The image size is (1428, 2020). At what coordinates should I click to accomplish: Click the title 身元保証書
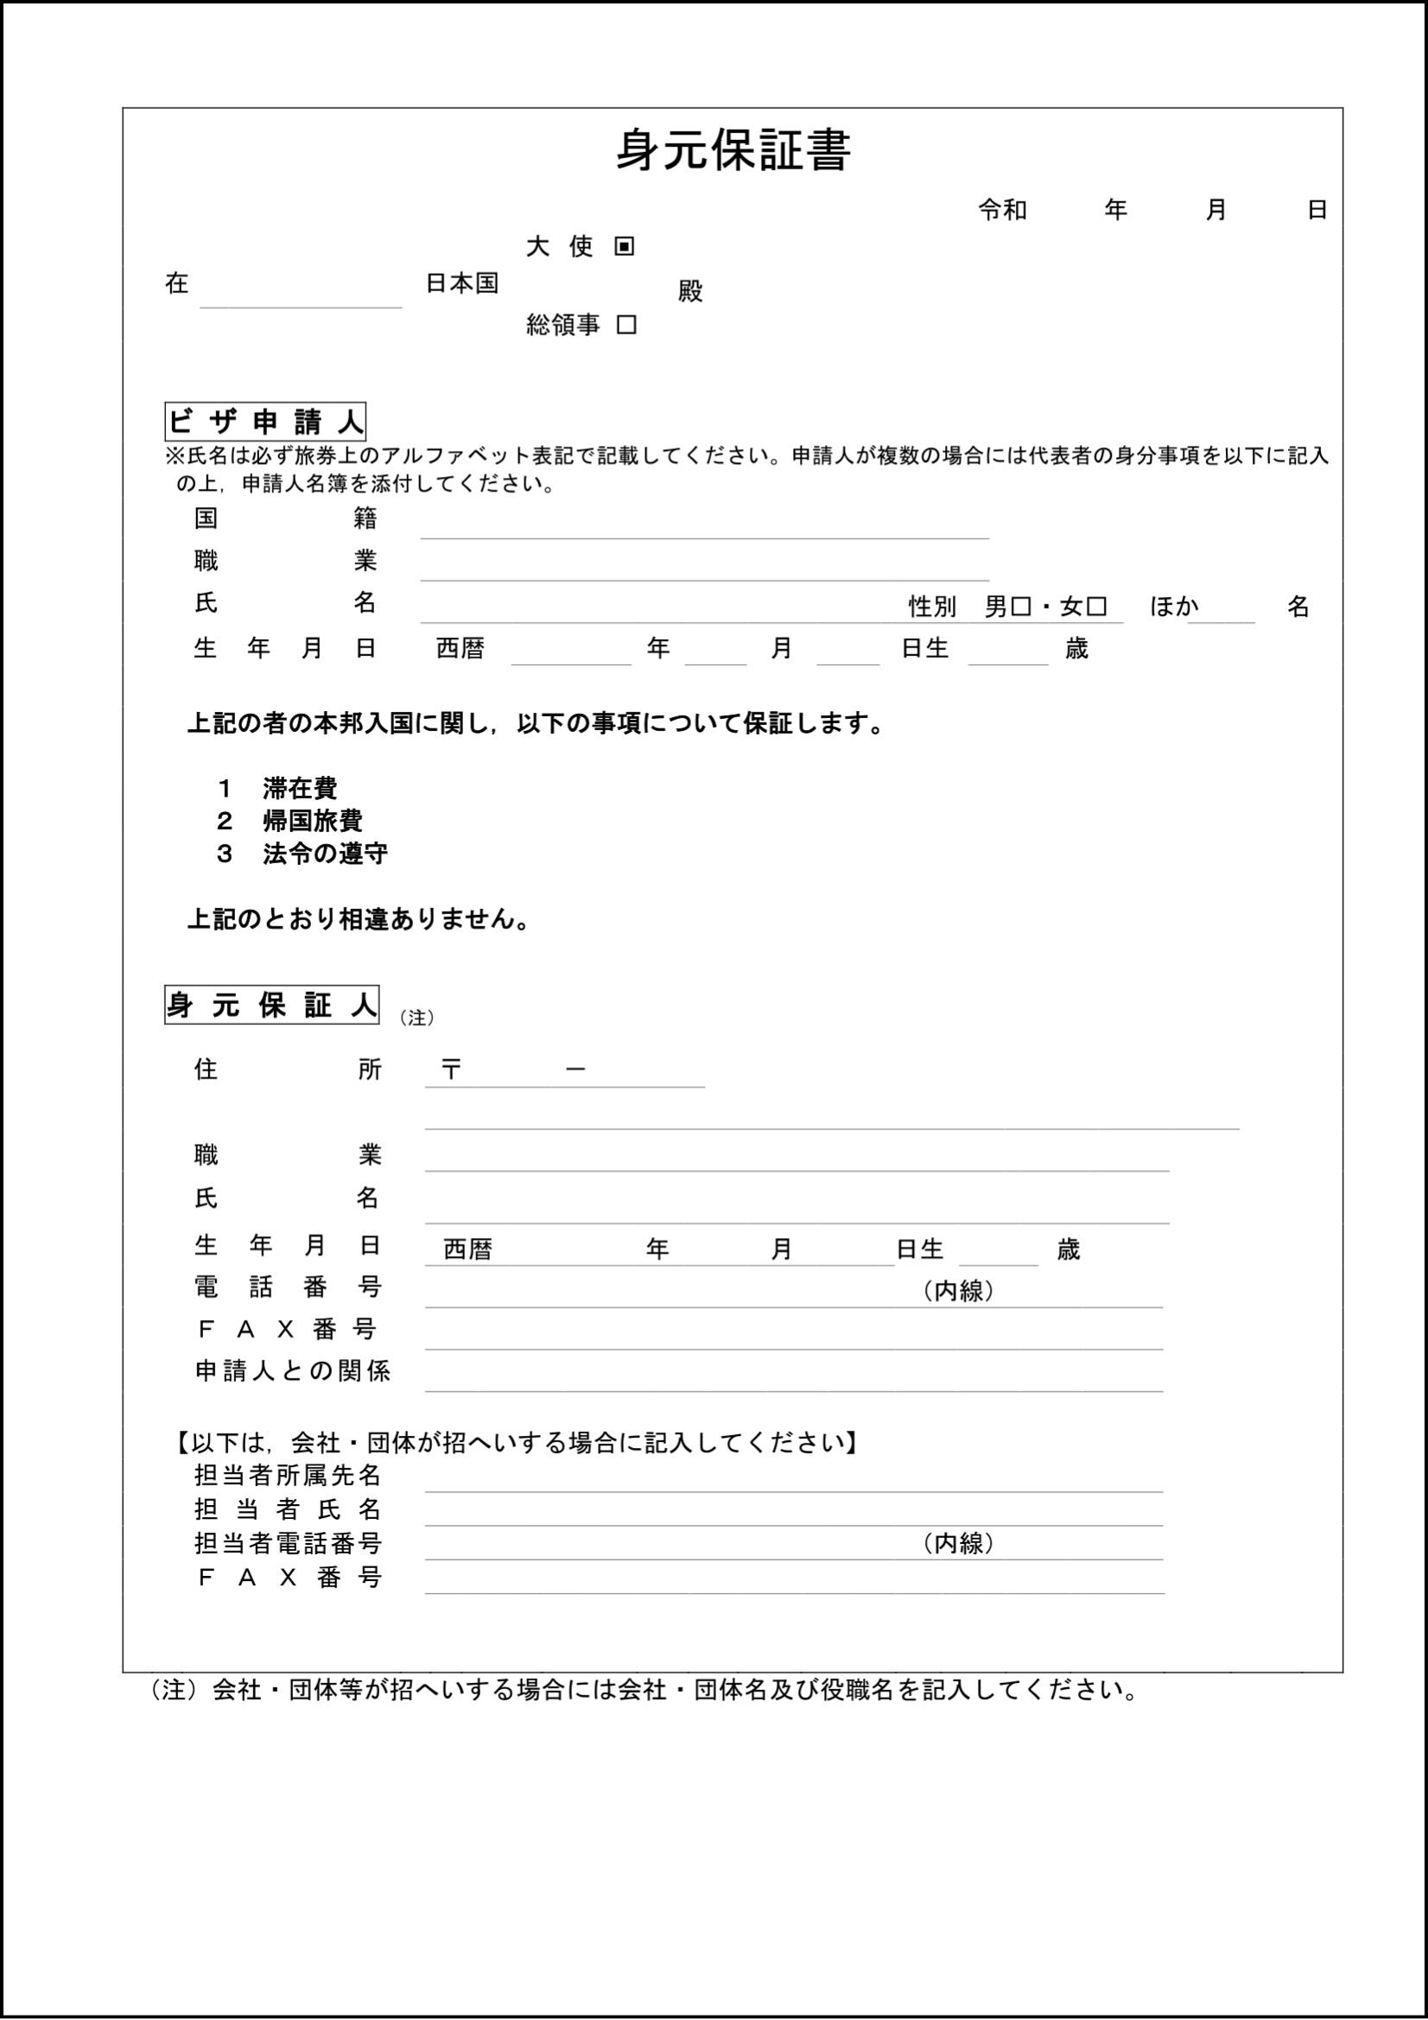[732, 151]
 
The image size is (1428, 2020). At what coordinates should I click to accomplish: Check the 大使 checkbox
[625, 246]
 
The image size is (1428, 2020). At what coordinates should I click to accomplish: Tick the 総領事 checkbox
[626, 325]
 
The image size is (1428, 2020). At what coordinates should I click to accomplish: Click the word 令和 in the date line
[1002, 209]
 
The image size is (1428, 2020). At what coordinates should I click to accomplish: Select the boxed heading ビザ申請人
[265, 422]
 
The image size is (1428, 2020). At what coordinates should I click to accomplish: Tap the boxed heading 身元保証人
[271, 1005]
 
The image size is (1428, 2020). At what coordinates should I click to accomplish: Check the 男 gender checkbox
[1021, 607]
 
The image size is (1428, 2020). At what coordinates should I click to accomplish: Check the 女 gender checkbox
[1096, 607]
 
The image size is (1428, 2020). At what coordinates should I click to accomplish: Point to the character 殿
[691, 291]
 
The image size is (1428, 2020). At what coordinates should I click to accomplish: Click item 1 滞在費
[300, 787]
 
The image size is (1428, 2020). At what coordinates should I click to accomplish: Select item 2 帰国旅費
[313, 821]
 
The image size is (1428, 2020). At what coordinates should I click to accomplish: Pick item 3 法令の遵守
[325, 854]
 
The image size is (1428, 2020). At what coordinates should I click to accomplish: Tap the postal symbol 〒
[451, 1069]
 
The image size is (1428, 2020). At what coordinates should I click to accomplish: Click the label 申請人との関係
[292, 1370]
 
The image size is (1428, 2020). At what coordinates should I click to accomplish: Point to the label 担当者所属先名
[288, 1475]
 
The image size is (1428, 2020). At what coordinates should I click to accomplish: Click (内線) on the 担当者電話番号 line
[958, 1543]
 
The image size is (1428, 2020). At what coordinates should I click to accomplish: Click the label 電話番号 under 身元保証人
[288, 1287]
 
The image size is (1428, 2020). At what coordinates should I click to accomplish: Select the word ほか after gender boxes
[1174, 607]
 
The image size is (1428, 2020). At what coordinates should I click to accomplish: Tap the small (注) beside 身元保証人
[416, 1017]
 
